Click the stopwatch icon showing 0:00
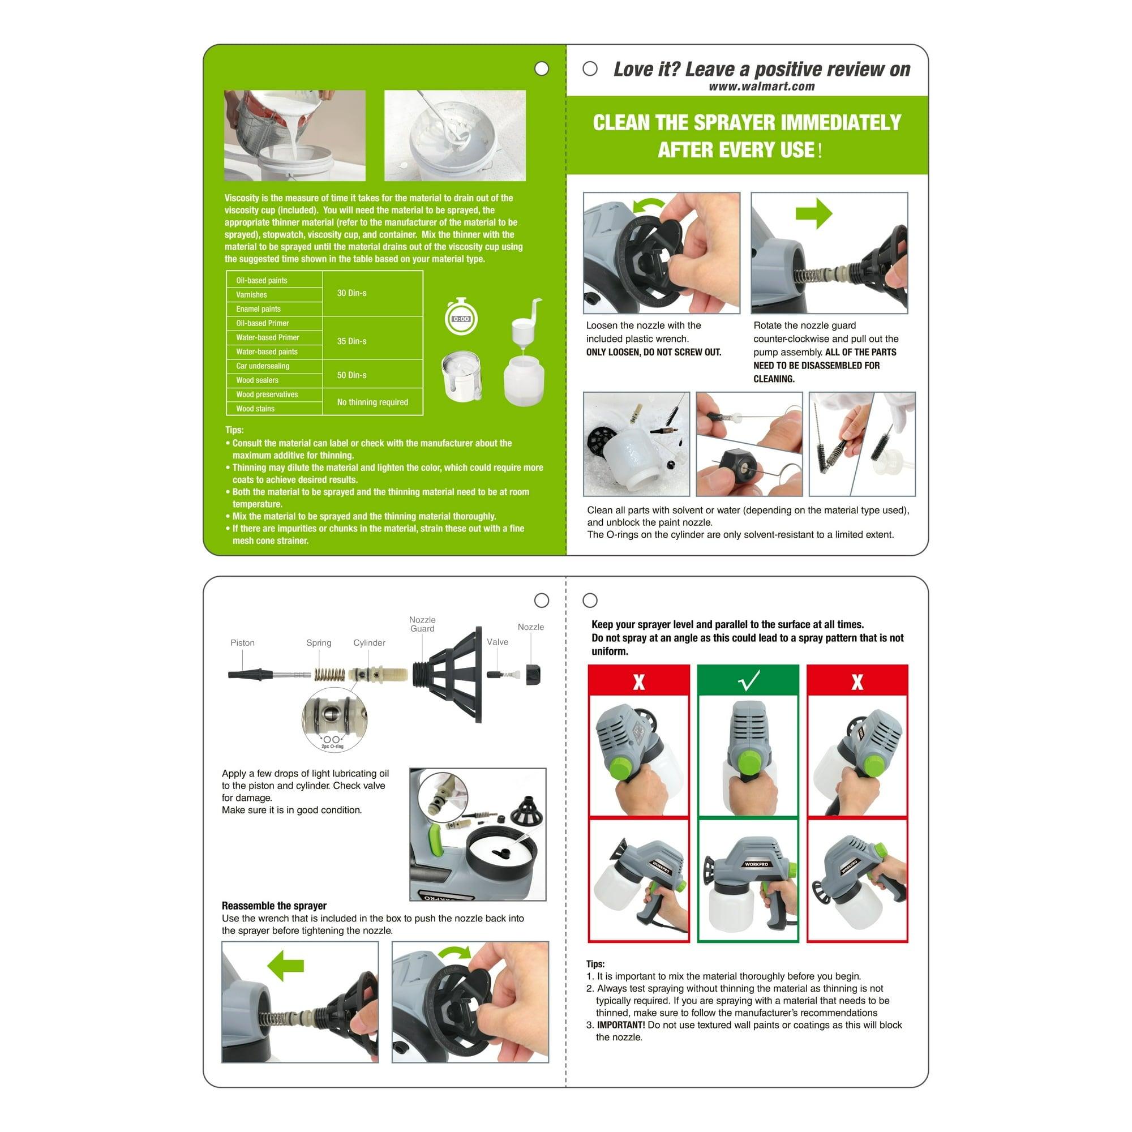click(461, 318)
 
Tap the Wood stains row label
click(255, 409)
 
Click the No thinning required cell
click(372, 402)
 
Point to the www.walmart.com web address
click(761, 87)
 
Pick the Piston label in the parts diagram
click(242, 643)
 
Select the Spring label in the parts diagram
click(318, 643)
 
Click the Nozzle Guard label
click(422, 624)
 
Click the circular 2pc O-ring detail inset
click(334, 719)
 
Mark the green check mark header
click(748, 681)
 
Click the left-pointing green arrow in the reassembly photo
click(285, 965)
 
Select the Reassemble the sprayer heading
click(273, 905)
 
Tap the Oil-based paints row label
click(261, 281)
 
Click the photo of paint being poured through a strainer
click(295, 135)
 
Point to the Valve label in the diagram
click(497, 642)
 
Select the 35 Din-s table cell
click(351, 341)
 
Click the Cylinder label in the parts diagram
click(368, 643)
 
